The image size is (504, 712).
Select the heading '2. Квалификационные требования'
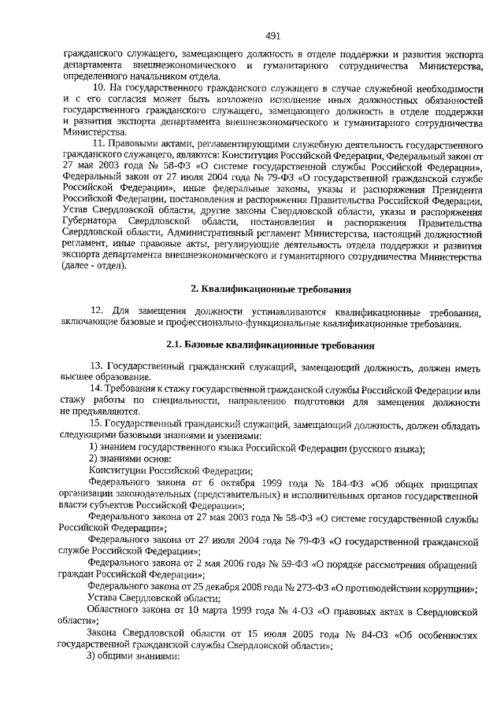(273, 290)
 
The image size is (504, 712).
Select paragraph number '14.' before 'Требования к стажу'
(97, 391)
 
